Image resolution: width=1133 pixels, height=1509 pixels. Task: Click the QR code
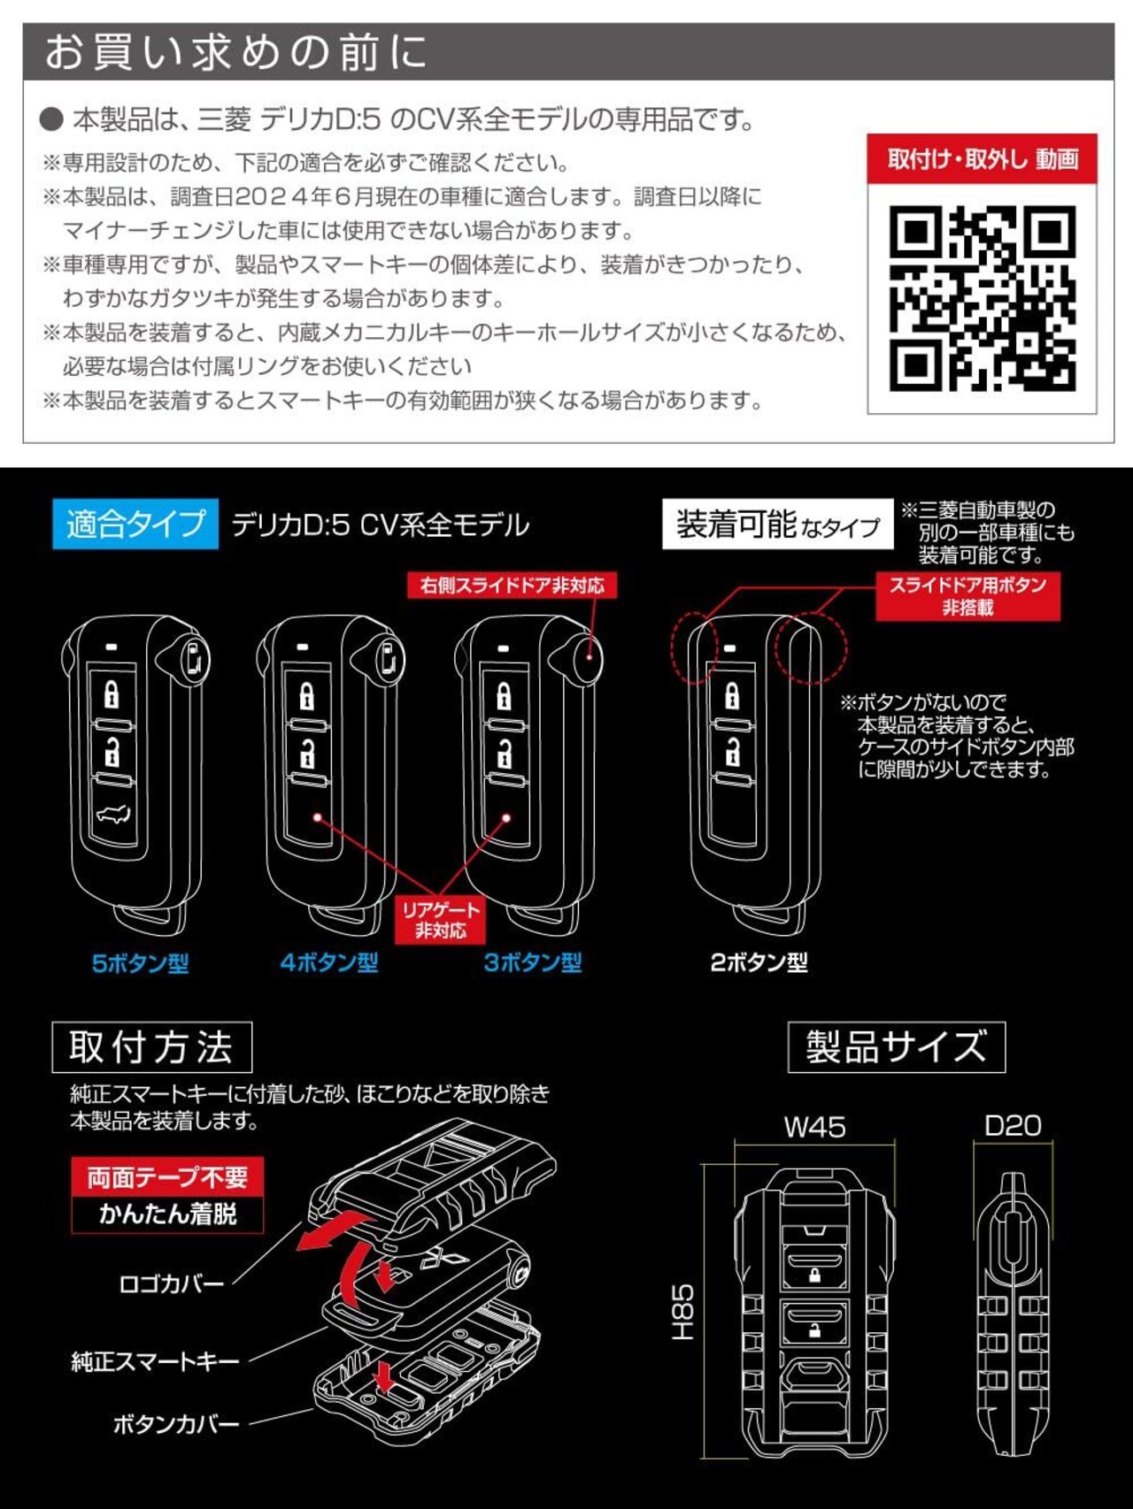(982, 299)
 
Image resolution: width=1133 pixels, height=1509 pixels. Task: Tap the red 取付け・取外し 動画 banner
(982, 159)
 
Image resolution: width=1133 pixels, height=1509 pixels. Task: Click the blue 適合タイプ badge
(135, 525)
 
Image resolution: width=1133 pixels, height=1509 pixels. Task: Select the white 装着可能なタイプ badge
(778, 525)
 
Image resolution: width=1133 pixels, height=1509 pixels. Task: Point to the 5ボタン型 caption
(141, 963)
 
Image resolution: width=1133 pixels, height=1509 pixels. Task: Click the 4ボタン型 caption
(329, 963)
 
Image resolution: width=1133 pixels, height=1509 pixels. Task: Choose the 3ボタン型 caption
(533, 963)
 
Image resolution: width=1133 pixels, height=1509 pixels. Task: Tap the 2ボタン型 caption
(759, 963)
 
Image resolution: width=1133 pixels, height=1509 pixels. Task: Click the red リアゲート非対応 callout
(440, 920)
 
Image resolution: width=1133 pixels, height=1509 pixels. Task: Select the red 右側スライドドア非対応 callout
(512, 586)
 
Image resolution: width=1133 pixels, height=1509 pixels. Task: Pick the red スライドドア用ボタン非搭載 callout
(967, 596)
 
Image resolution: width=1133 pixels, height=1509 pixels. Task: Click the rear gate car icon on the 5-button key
(112, 815)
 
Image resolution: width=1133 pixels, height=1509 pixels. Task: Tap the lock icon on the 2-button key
(732, 696)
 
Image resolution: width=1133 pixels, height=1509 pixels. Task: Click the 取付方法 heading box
(152, 1047)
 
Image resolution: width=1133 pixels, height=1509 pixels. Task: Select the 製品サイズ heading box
(897, 1047)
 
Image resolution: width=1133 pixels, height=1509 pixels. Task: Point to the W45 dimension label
(815, 1127)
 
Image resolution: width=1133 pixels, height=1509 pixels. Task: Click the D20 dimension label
(1013, 1126)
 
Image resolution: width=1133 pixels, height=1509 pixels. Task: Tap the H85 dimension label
(682, 1313)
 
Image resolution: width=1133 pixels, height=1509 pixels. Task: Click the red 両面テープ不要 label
(167, 1177)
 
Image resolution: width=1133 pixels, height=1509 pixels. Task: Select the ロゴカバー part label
(172, 1284)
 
